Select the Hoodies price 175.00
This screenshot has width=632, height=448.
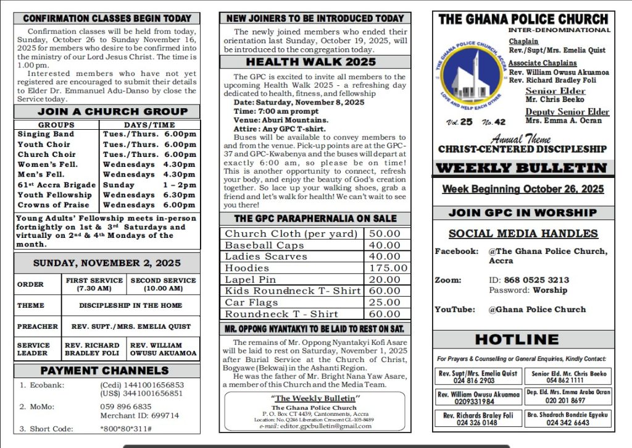pos(388,268)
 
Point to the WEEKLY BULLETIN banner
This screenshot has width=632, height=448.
pos(523,168)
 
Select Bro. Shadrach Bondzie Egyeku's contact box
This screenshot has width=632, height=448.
pos(569,418)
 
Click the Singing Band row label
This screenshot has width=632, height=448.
pos(46,134)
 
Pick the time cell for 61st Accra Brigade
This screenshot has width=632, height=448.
pos(149,185)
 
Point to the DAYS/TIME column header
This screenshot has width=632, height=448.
pos(149,125)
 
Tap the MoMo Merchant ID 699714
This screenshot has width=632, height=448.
pos(139,416)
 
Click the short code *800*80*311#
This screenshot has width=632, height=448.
pos(126,429)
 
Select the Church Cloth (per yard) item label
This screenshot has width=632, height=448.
pos(291,234)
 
